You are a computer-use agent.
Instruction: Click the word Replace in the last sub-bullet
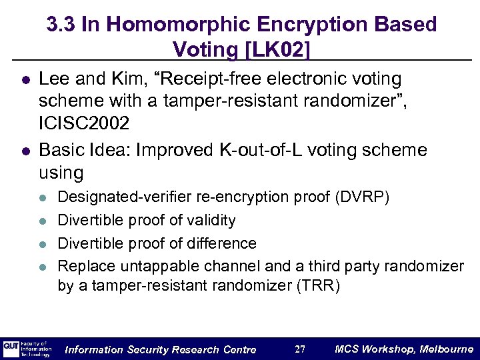[83, 267]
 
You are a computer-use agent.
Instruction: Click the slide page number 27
[300, 349]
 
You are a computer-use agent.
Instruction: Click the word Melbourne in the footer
[447, 349]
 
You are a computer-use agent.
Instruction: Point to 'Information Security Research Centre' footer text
[160, 349]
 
